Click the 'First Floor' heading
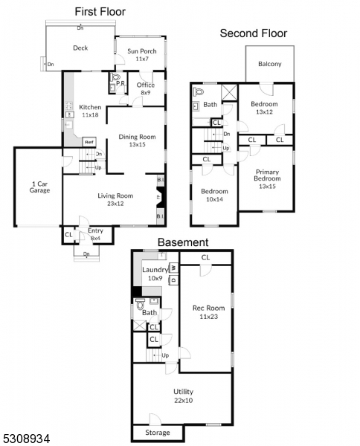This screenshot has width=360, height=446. pos(100,12)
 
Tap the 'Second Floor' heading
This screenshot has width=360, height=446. pos(254,33)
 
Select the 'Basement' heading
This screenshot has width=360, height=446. pos(183,242)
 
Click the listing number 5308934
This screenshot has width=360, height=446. pos(25,439)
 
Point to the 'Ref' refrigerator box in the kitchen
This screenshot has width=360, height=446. pos(89,142)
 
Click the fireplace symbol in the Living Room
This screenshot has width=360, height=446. pos(161,197)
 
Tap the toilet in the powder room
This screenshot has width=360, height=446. pos(115,77)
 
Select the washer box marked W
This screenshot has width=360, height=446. pos(173,268)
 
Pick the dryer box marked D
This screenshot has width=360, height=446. pos(173,279)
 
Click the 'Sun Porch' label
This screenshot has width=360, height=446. pos(142,51)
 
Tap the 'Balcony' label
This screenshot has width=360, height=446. pos(270,64)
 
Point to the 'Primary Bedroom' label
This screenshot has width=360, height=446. pos(267,175)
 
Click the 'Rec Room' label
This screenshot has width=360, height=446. pos(208,308)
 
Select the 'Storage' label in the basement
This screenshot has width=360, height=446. pos(158,433)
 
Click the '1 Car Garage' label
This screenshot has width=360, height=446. pos(40,187)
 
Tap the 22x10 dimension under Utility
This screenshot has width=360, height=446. pos(183,401)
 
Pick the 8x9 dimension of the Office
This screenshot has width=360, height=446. pos(146,93)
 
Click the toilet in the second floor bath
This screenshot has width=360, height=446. pos(199,91)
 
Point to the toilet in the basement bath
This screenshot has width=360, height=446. pos(140,306)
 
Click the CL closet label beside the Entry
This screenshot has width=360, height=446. pos(68,235)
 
